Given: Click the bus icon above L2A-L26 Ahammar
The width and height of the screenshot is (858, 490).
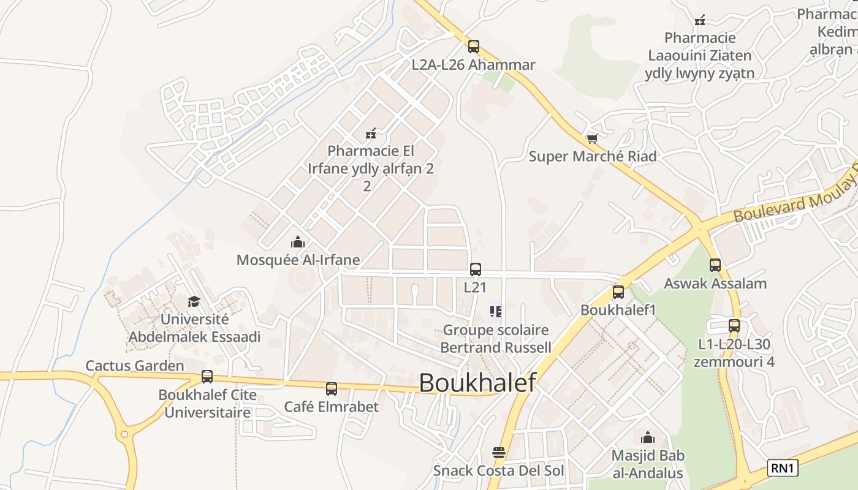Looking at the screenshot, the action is point(473,46).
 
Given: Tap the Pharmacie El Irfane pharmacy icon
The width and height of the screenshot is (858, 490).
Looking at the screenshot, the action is point(371,133).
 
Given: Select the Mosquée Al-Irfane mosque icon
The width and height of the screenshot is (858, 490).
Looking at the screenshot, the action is point(298,242).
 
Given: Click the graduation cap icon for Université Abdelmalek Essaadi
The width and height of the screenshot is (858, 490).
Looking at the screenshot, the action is point(194,301).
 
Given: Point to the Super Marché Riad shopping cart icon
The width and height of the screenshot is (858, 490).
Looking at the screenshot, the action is point(592,139).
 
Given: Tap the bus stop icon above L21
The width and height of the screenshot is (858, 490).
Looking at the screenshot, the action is point(475,269).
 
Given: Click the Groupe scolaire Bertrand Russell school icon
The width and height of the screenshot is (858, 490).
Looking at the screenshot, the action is point(496,312).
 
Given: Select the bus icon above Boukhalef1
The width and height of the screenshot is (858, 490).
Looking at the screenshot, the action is point(618,292).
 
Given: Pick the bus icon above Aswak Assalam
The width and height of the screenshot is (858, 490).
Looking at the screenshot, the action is point(715,265).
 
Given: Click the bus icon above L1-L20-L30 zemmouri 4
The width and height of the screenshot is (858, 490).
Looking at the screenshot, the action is point(734,326).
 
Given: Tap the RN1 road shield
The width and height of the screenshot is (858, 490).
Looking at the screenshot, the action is point(783,469).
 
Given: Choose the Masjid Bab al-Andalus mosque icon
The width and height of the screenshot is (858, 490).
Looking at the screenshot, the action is point(648,437).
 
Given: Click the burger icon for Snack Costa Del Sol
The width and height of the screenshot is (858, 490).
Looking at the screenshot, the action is point(499,453).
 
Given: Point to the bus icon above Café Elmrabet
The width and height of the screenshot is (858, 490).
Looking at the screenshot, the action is point(332,388).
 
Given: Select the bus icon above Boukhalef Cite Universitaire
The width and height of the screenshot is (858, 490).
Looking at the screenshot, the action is point(207,377).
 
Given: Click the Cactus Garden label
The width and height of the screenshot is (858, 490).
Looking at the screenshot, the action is point(135,366).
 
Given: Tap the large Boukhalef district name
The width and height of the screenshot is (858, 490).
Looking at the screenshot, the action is point(477,382).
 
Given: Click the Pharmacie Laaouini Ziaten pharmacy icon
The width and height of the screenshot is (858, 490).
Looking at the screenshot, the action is point(700,20).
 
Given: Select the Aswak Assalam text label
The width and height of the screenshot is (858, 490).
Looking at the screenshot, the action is point(715,284).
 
